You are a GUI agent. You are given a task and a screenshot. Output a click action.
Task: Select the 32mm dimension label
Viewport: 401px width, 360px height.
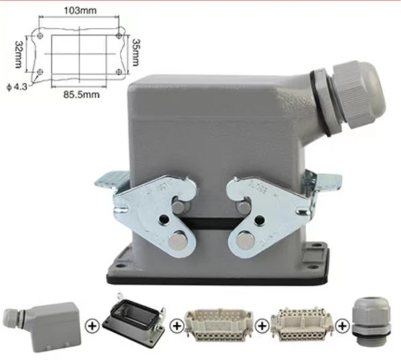click(x=19, y=53)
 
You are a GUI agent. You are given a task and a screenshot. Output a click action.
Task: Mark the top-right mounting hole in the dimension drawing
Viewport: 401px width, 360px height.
click(x=118, y=36)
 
